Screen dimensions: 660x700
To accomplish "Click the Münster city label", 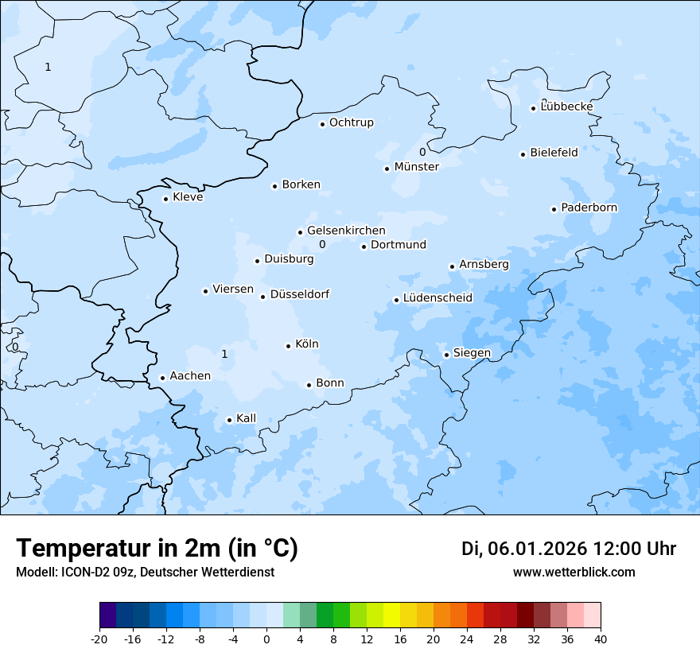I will (416, 167).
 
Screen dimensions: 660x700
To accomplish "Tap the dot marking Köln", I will (289, 346).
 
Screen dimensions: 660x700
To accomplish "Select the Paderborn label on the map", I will (589, 208).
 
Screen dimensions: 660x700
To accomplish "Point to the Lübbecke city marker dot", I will (534, 108).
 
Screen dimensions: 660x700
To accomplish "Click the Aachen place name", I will (190, 376).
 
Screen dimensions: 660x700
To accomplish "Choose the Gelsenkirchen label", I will (346, 231).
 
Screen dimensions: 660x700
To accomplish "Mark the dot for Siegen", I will (447, 355).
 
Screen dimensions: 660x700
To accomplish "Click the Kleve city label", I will (188, 197).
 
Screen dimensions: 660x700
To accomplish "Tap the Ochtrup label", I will (351, 122).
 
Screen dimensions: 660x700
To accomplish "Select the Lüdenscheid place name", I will (437, 298).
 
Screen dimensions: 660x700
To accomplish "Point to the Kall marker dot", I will (230, 420).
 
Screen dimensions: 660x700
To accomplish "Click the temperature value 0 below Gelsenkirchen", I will (322, 245).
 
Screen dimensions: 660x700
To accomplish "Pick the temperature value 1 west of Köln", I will (224, 354).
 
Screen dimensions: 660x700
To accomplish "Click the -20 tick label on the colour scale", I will (99, 639).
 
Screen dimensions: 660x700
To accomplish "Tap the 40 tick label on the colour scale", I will (601, 639).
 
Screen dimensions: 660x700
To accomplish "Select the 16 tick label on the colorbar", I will (400, 639).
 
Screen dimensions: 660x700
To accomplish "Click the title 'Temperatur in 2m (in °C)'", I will (157, 549).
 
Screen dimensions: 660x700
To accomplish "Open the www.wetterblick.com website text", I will (574, 572).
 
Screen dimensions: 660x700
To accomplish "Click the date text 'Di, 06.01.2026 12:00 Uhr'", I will (569, 549).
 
